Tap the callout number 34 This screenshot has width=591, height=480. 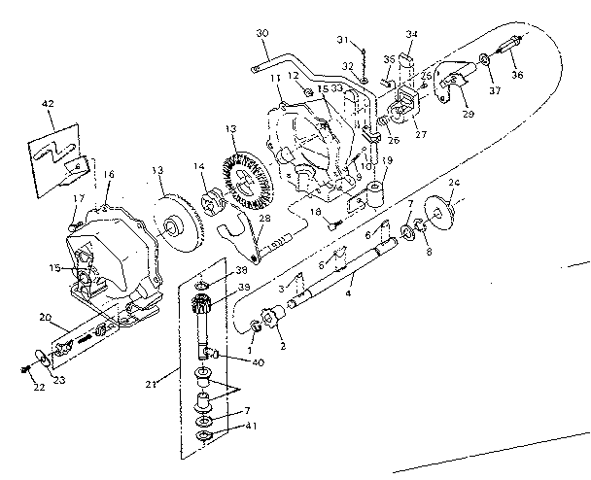tap(411, 34)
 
